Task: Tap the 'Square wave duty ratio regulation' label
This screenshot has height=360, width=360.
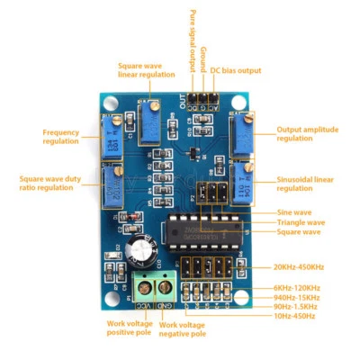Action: pyautogui.click(x=49, y=184)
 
